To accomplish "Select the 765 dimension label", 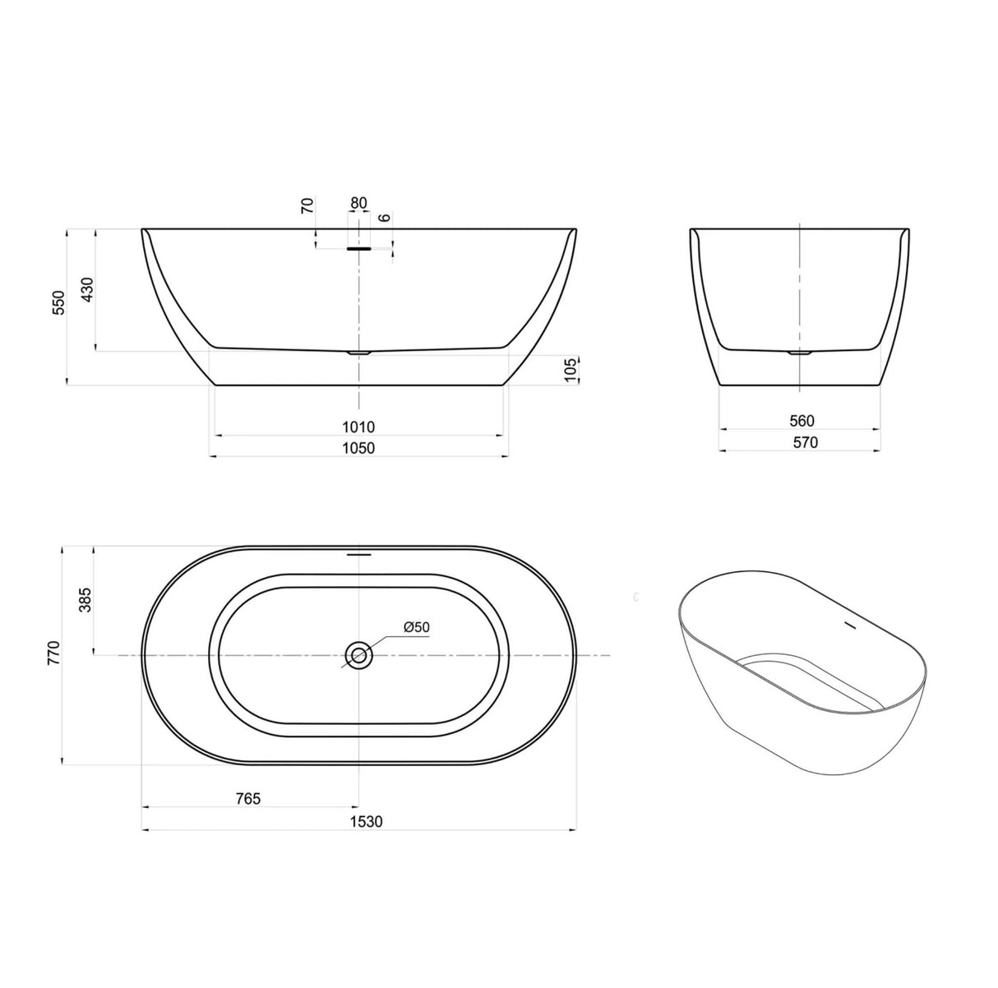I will [247, 798].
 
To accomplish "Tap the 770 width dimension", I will [54, 655].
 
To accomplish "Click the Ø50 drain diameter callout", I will [417, 627].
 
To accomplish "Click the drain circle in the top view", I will [358, 655].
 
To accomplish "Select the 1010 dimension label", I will [359, 427].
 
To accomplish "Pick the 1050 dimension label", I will [359, 448].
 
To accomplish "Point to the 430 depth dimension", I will [88, 290].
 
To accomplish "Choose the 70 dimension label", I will [308, 205].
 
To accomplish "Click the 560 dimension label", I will [801, 421].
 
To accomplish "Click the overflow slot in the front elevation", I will [359, 247].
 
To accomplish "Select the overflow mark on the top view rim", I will [359, 554].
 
